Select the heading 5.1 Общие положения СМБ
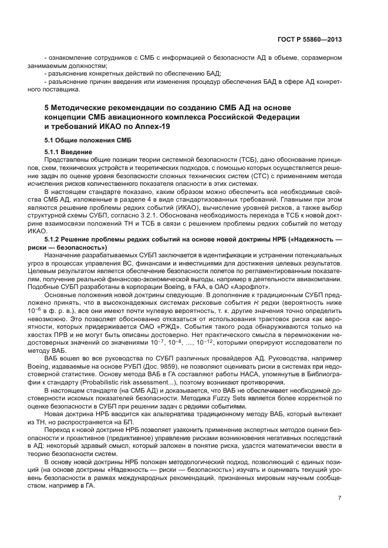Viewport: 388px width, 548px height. click(x=88, y=141)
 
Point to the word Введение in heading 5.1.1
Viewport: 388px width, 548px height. click(x=76, y=152)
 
